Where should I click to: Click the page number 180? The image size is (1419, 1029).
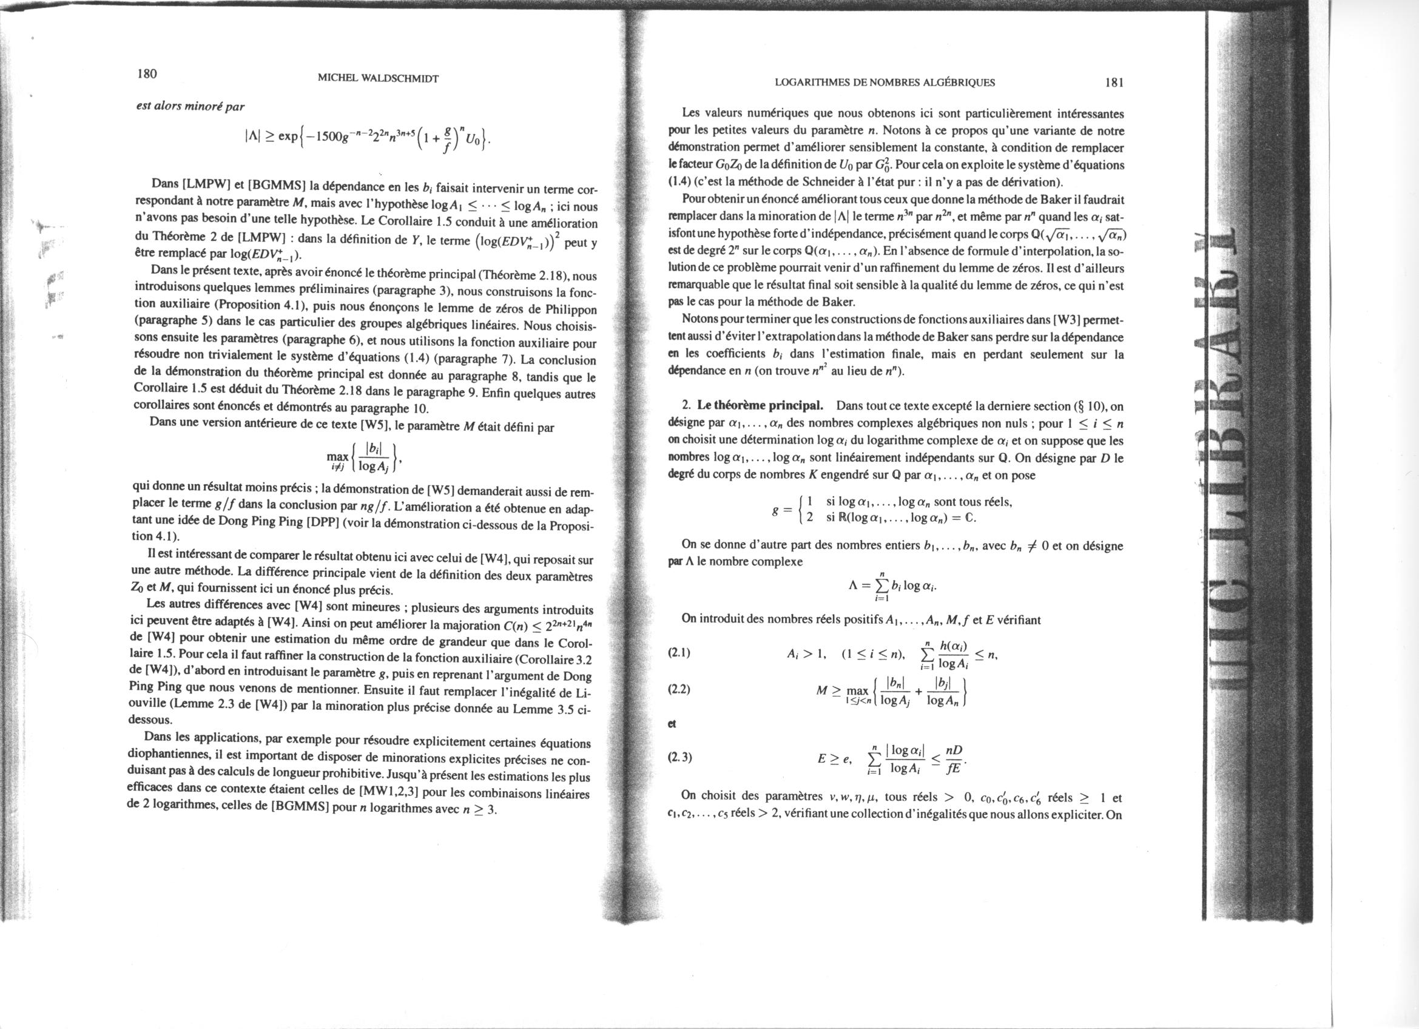(x=147, y=74)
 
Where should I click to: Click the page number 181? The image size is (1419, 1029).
(x=1115, y=82)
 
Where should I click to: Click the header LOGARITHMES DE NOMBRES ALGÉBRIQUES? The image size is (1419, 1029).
(x=885, y=82)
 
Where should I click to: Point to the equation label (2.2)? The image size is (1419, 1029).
(x=679, y=690)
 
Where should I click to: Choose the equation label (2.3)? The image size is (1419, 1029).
(x=679, y=758)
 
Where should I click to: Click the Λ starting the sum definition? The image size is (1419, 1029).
(x=852, y=585)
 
